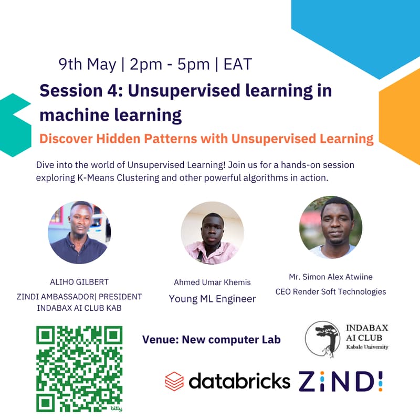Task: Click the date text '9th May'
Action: click(87, 65)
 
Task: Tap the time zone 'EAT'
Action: click(238, 64)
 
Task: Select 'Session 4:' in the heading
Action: click(81, 90)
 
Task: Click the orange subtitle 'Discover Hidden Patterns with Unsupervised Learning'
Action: click(206, 139)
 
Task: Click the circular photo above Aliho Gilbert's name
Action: click(79, 233)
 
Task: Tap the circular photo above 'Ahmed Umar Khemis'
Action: click(212, 233)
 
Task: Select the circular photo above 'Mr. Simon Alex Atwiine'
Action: click(331, 227)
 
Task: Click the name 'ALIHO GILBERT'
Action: click(79, 282)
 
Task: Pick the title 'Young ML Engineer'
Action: click(213, 299)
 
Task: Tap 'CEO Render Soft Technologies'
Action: click(331, 292)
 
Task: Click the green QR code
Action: click(79, 369)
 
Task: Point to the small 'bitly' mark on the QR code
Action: click(116, 408)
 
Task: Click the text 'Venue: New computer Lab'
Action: click(212, 340)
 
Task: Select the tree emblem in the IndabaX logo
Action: click(323, 339)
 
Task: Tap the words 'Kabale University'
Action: click(367, 347)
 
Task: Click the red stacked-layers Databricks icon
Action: click(174, 381)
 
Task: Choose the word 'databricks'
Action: click(239, 381)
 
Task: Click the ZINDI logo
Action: click(341, 381)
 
